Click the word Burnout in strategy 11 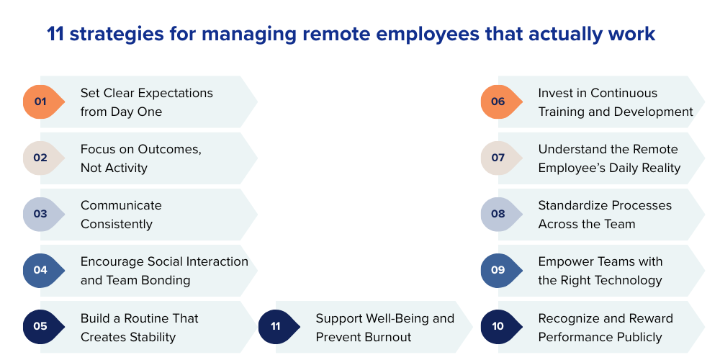pos(385,337)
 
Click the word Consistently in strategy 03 pos(117,224)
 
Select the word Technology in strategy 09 pos(626,280)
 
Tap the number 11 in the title pos(55,34)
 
